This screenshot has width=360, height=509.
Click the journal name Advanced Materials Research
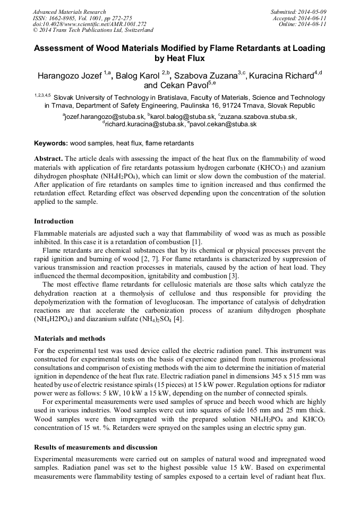pyautogui.click(x=69, y=12)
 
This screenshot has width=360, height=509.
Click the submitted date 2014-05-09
pyautogui.click(x=310, y=12)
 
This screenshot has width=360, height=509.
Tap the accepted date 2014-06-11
pyautogui.click(x=310, y=18)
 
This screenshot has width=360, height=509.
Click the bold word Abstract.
pyautogui.click(x=48, y=159)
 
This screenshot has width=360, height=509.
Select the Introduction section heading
pyautogui.click(x=54, y=221)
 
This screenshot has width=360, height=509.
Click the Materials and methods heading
pyautogui.click(x=70, y=338)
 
